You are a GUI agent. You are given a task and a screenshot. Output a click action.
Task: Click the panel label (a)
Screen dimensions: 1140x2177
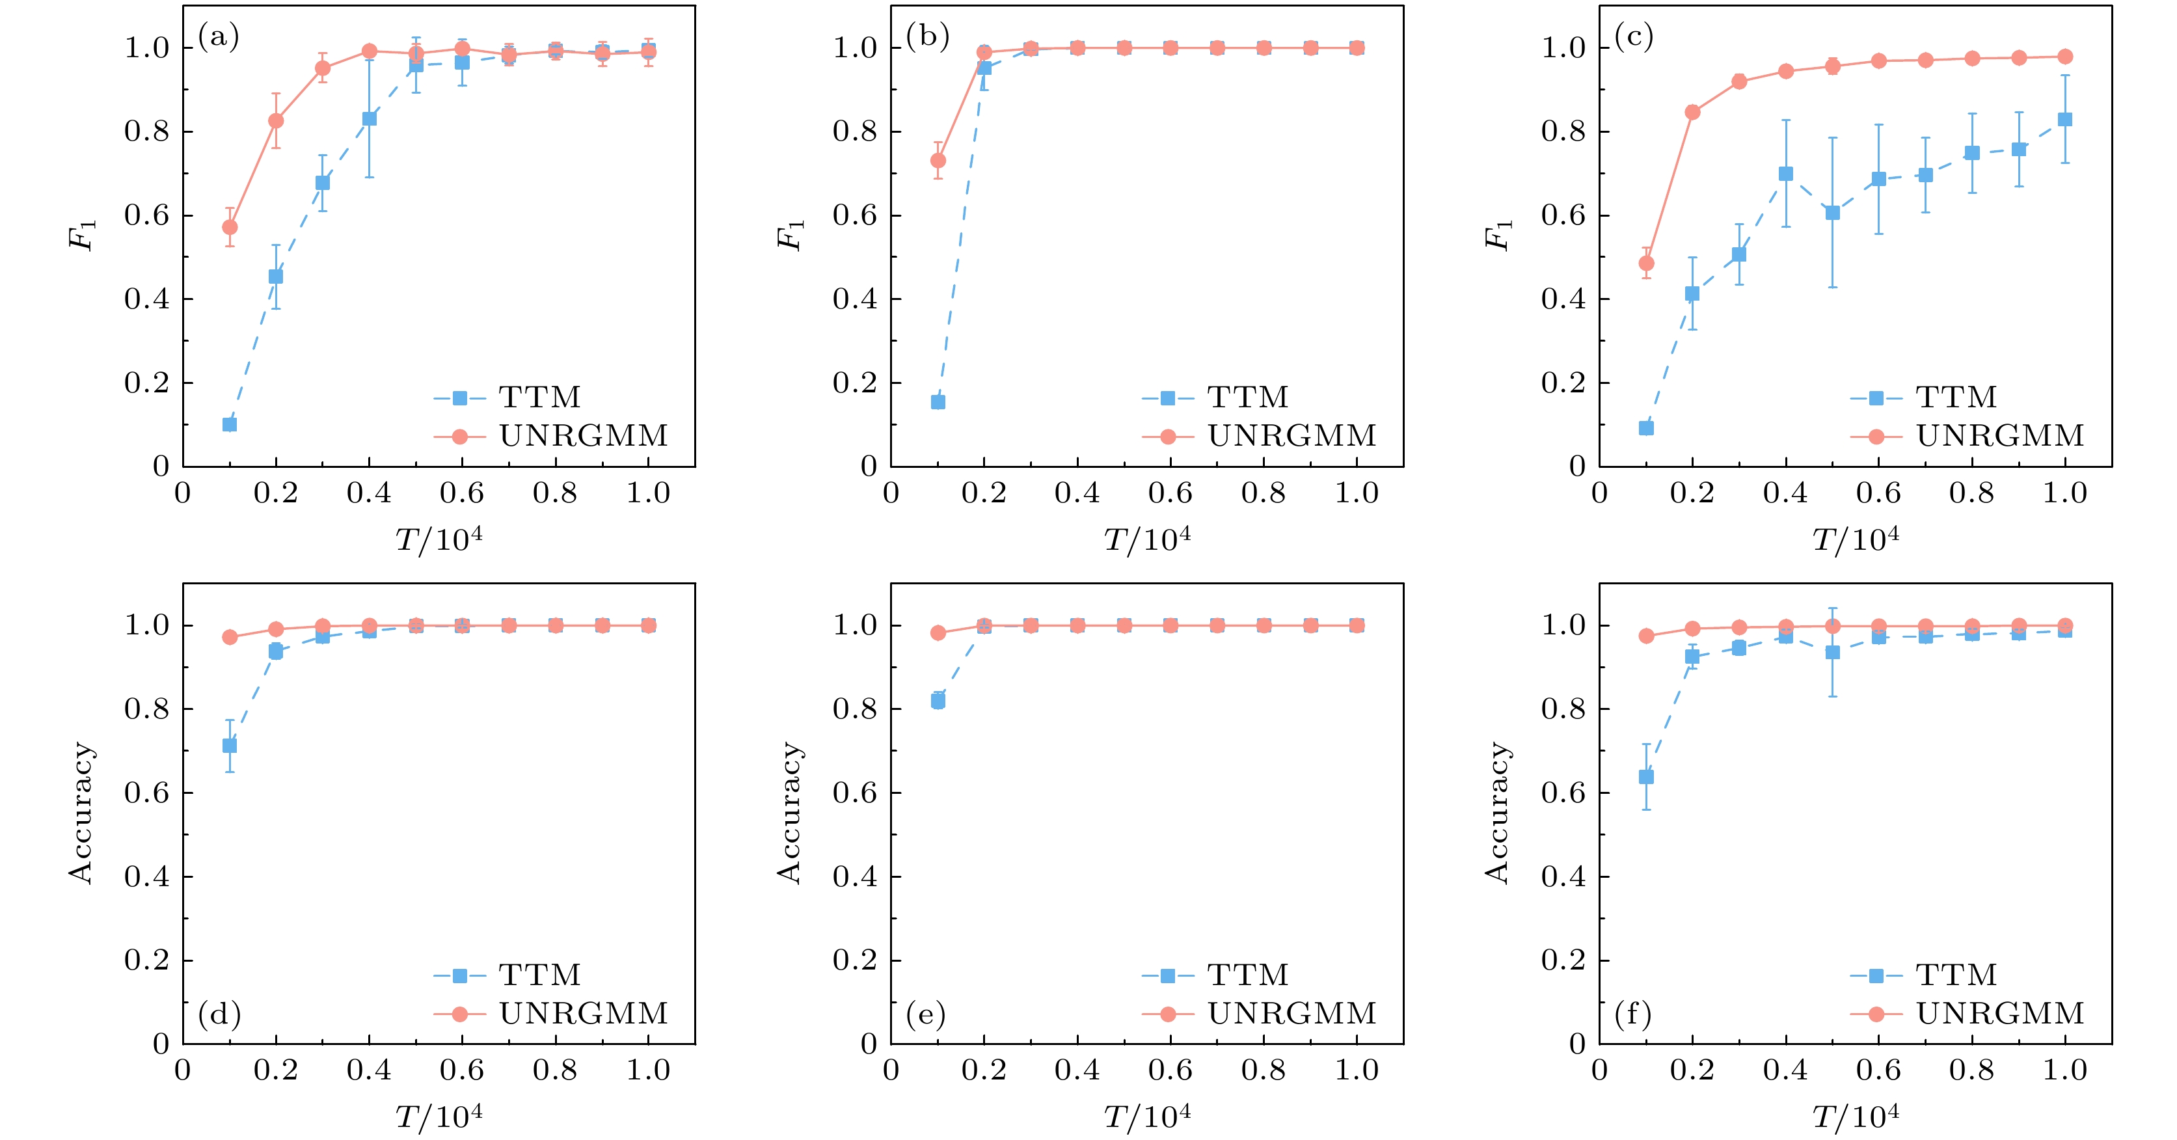[x=218, y=37]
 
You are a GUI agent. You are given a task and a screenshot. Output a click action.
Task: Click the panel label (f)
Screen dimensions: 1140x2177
[x=1633, y=1012]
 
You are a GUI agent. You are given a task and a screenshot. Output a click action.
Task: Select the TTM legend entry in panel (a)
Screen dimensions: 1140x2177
[x=507, y=397]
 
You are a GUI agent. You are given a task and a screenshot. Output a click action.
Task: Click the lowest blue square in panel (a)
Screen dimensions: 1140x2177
[x=229, y=424]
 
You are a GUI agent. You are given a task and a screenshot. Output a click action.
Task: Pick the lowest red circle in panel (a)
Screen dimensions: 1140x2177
[x=229, y=227]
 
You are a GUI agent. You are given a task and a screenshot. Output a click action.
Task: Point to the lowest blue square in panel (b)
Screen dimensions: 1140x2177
[x=937, y=401]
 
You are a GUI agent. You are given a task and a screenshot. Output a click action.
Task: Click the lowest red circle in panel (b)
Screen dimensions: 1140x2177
[x=937, y=161]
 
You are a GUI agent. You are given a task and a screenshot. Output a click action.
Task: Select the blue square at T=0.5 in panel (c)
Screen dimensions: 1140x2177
[x=1832, y=213]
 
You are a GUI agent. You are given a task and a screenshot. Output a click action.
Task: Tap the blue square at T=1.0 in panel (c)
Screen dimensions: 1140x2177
[x=2064, y=119]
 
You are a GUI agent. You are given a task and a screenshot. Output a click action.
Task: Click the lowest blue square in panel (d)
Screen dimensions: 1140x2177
[x=229, y=745]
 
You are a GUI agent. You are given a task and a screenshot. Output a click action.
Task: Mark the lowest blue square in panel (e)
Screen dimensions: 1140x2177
[x=937, y=701]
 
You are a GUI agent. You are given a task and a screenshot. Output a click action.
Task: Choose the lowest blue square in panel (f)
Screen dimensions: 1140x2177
[x=1645, y=777]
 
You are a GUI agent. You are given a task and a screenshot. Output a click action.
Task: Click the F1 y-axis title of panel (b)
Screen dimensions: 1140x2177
[x=790, y=235]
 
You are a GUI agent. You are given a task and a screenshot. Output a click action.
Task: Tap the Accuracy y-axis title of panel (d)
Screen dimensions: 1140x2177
[x=81, y=813]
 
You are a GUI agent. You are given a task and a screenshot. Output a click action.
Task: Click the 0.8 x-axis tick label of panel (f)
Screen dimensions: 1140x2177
[x=1971, y=1071]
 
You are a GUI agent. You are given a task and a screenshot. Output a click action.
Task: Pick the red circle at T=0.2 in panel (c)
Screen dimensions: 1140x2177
[x=1692, y=113]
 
